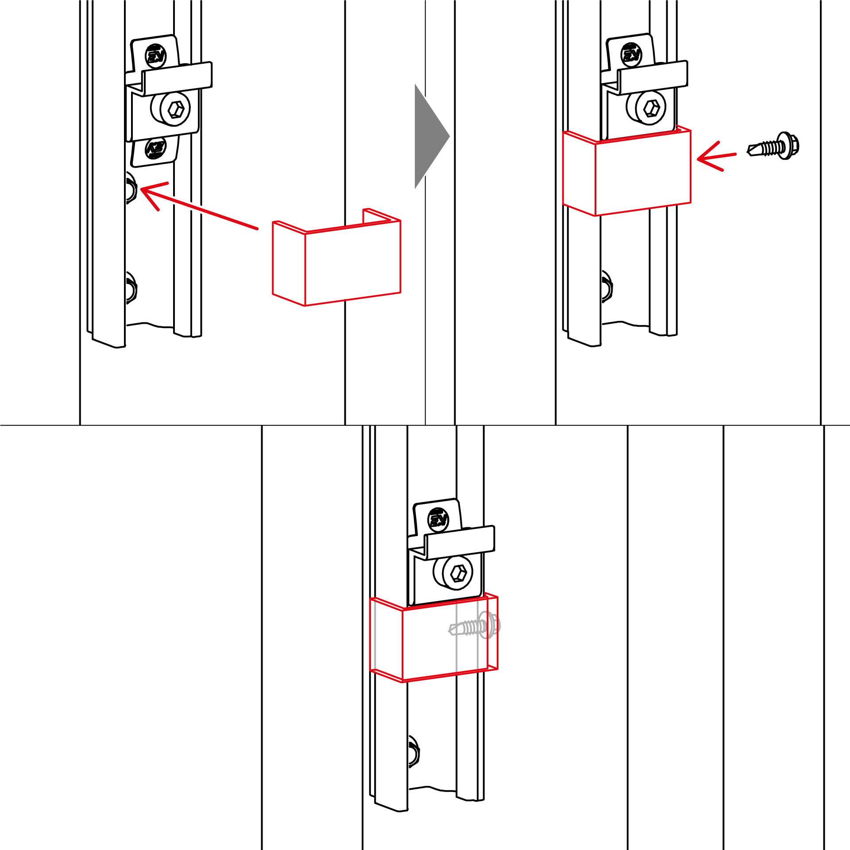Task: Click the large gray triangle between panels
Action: click(428, 136)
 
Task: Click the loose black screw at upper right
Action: click(774, 146)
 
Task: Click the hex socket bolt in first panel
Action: click(176, 109)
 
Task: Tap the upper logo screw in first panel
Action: click(156, 56)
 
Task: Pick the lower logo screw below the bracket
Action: click(155, 149)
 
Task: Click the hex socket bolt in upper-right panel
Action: click(651, 107)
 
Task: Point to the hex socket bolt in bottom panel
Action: click(458, 574)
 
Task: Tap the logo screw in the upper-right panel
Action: click(631, 54)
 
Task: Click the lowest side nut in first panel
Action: click(131, 288)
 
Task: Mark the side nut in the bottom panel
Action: click(413, 752)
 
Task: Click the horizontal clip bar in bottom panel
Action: click(459, 542)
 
